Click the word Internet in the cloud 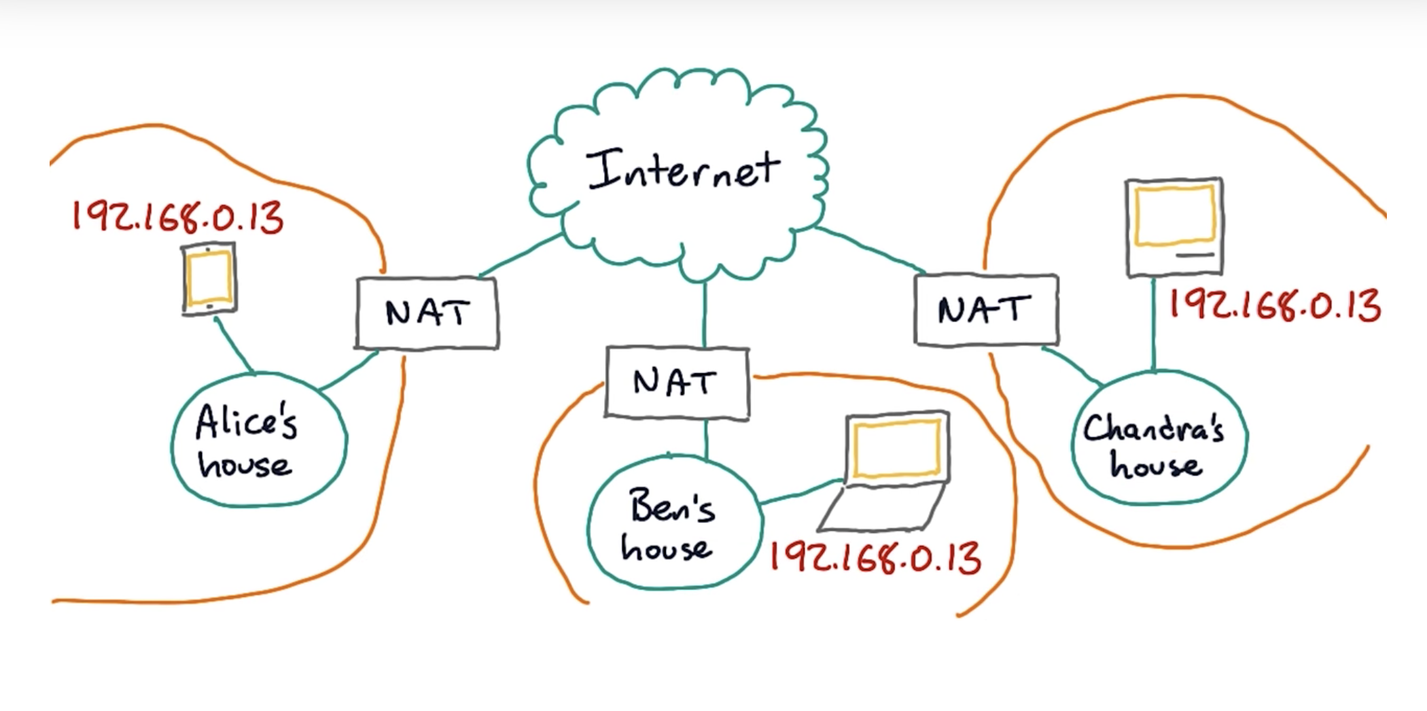pyautogui.click(x=684, y=170)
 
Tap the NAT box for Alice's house pyautogui.click(x=427, y=313)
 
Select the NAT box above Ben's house pyautogui.click(x=677, y=382)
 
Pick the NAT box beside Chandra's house pyautogui.click(x=985, y=310)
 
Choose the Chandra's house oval pyautogui.click(x=1159, y=438)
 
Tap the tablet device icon pyautogui.click(x=209, y=279)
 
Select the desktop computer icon pyautogui.click(x=1174, y=227)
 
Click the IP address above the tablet pyautogui.click(x=177, y=218)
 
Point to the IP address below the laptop pyautogui.click(x=875, y=559)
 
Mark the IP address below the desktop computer pyautogui.click(x=1274, y=305)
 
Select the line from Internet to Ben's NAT pyautogui.click(x=705, y=314)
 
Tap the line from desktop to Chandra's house pyautogui.click(x=1153, y=324)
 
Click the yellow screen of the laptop pyautogui.click(x=896, y=448)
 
